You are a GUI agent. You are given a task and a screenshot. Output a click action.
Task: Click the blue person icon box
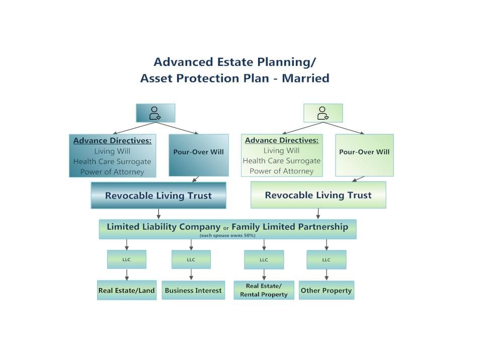point(155,113)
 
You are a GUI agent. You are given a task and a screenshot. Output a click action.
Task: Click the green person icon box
point(323,113)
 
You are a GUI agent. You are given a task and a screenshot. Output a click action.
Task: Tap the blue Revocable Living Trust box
point(158,195)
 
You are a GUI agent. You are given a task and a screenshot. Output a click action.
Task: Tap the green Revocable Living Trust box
point(318,195)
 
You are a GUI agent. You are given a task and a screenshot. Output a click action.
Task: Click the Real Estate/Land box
point(127,290)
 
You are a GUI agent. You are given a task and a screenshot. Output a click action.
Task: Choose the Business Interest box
point(193,290)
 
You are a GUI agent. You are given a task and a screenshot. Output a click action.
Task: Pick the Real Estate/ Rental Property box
point(264,290)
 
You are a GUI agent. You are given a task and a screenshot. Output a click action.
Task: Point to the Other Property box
point(327,290)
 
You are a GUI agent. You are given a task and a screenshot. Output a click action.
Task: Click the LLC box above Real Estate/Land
point(127,259)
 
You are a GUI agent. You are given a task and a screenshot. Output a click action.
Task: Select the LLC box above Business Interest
point(191,259)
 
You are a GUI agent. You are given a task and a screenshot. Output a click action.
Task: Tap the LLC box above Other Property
point(327,259)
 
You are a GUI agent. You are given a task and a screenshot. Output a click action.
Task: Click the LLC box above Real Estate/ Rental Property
point(264,259)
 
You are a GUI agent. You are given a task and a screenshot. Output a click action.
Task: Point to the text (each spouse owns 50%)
point(227,235)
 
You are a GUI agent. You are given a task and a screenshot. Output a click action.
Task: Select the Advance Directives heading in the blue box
point(112,141)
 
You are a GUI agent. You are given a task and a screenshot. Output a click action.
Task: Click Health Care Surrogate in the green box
point(281,161)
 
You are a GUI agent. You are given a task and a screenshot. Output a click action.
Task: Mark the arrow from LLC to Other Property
point(327,275)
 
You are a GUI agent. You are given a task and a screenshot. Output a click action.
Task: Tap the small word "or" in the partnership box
point(226,228)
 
